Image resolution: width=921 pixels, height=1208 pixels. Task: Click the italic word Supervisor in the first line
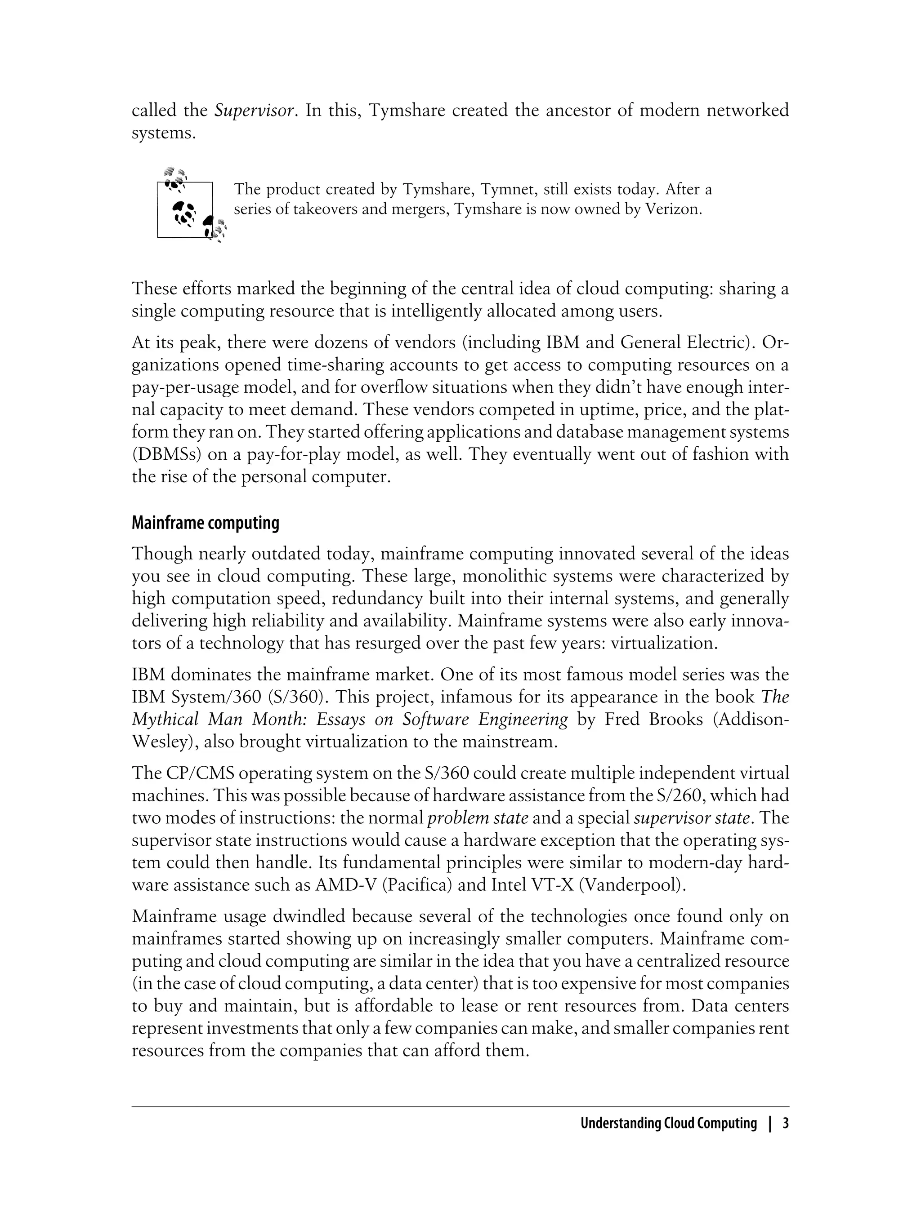coord(255,111)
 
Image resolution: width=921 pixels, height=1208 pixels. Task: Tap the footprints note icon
coord(190,207)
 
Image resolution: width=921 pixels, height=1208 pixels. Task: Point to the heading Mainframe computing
coord(205,523)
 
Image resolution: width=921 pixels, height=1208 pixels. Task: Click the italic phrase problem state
coord(478,818)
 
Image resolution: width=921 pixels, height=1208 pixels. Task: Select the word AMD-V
coord(345,885)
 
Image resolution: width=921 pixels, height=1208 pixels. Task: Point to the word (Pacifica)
coord(416,885)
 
